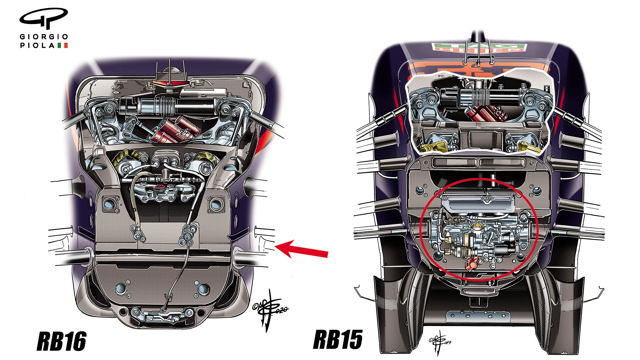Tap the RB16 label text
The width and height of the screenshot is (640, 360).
(61, 341)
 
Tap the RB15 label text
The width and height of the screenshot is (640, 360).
(338, 339)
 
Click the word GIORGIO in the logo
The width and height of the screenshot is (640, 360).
(44, 37)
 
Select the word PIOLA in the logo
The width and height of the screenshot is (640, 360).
(37, 45)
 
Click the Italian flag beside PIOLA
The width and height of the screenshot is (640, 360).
(62, 45)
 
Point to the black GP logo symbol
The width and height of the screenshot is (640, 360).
(43, 18)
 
